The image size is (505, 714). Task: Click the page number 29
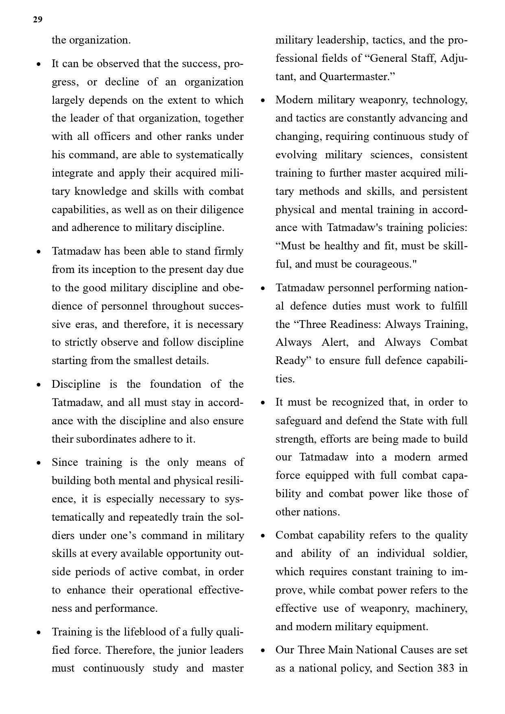point(37,20)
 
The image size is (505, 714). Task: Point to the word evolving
point(296,155)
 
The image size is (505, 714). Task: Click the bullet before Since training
point(39,463)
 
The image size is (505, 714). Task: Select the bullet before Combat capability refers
point(262,535)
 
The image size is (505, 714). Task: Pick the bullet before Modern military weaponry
point(262,100)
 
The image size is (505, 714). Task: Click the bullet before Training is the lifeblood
point(39,632)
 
